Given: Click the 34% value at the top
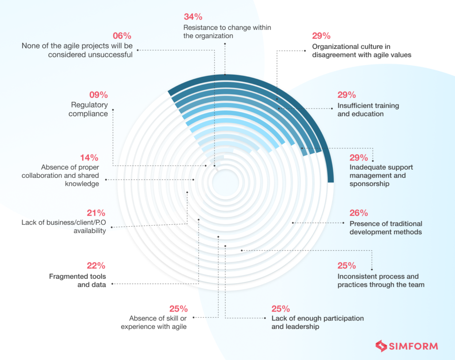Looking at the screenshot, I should pos(193,17).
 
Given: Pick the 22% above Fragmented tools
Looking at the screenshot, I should pos(96,266).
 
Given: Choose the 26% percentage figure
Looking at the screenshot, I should pos(359,213).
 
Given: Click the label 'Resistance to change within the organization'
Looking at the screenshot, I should pos(227,32).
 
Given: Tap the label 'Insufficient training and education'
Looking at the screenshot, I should pos(368,110).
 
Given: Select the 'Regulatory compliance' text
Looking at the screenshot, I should pos(89,109).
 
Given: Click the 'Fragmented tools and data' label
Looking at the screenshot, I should pos(77,280).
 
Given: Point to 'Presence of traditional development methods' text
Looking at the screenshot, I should pos(386,228).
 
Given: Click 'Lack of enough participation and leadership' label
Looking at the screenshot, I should pos(318,322).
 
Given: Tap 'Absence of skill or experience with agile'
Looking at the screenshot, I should pos(158,322).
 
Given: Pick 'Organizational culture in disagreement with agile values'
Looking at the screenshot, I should pos(361,51).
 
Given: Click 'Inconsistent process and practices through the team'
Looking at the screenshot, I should pos(381,280).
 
